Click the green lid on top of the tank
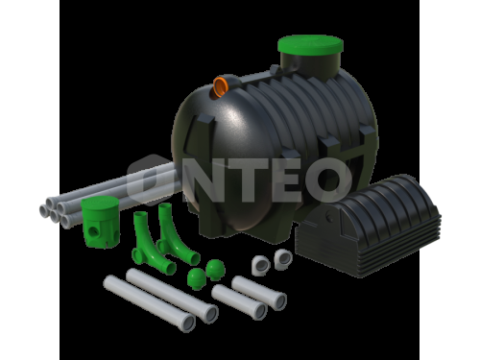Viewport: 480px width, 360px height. (310, 45)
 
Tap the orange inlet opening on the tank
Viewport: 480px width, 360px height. (220, 86)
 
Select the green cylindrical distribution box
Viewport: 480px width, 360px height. (100, 223)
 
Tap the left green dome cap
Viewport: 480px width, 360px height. (196, 278)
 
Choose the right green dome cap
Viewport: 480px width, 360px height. (215, 270)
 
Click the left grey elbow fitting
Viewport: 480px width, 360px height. (261, 265)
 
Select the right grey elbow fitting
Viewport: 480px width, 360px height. (283, 258)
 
